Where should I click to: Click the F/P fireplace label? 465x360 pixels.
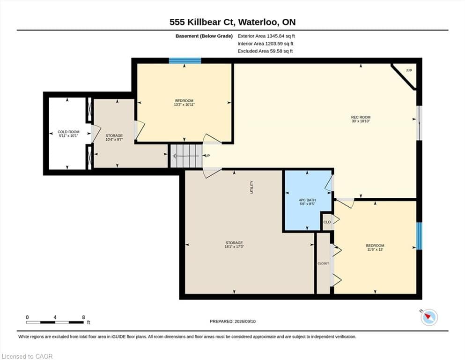[x=409, y=71]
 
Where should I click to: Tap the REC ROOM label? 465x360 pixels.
[x=361, y=117]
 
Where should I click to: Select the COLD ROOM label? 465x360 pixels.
[x=68, y=132]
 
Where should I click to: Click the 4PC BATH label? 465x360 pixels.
[x=307, y=200]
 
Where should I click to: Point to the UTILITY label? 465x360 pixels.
[x=252, y=187]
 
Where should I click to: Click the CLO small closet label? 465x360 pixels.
[x=327, y=222]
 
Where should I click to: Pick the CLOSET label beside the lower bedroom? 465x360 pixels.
[x=323, y=263]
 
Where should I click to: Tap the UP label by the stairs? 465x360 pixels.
[x=207, y=156]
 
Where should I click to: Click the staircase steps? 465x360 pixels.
[x=186, y=156]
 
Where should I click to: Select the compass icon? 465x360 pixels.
[x=429, y=317]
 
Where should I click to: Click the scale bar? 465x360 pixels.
[x=55, y=322]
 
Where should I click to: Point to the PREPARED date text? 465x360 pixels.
[x=232, y=321]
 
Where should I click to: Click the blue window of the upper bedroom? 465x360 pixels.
[x=185, y=61]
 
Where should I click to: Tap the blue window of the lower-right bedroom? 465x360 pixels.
[x=419, y=236]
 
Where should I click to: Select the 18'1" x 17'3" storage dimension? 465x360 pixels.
[x=234, y=247]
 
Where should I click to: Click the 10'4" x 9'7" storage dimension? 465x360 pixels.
[x=114, y=140]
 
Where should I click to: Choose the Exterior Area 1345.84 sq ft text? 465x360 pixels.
[x=266, y=36]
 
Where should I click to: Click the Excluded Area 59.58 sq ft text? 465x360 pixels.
[x=265, y=51]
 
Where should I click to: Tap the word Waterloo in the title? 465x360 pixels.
[x=258, y=22]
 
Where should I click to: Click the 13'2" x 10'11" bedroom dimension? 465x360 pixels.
[x=184, y=105]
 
